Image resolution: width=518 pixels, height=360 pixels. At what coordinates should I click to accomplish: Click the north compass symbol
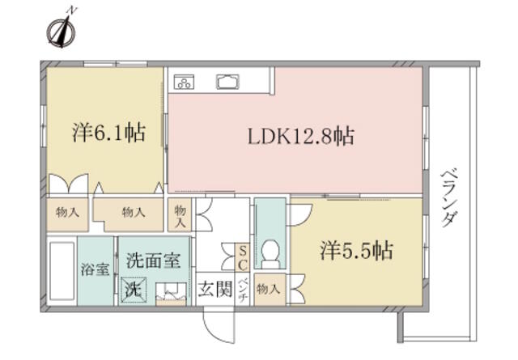tap(62, 32)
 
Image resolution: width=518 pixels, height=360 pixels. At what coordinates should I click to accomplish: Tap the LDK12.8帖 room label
tap(301, 136)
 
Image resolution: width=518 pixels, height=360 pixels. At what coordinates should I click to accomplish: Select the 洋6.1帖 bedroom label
tap(109, 133)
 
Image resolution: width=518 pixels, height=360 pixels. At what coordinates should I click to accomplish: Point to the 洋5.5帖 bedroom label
tap(356, 250)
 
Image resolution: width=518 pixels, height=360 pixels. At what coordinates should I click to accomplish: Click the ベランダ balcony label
tap(450, 198)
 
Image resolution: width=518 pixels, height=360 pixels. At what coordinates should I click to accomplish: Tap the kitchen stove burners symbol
tap(184, 82)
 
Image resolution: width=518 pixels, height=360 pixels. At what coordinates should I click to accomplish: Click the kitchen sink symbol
tap(228, 82)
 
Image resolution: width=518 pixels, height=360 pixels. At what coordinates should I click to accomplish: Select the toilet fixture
tap(270, 254)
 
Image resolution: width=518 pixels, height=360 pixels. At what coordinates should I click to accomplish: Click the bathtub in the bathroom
tap(62, 271)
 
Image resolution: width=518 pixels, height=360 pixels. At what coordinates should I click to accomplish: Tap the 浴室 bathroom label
tap(96, 269)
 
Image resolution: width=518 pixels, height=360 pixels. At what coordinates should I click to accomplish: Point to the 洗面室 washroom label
tap(154, 260)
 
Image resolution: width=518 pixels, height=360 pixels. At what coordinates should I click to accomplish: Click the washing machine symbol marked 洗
tap(134, 290)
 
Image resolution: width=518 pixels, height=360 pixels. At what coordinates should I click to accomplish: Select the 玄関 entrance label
tap(215, 290)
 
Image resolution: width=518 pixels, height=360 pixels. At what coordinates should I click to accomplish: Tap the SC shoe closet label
tap(243, 258)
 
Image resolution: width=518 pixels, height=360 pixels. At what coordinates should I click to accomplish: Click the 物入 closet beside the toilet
tap(268, 290)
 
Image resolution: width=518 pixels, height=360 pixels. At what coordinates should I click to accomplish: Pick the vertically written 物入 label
tap(180, 216)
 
